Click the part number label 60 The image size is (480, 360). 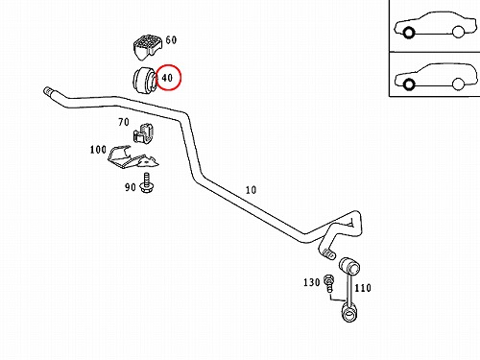(x=171, y=40)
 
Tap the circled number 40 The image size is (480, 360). (x=167, y=78)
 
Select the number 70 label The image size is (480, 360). (x=124, y=122)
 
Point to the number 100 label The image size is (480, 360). (x=98, y=150)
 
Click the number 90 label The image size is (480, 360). (x=131, y=187)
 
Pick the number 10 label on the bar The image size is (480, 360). (x=251, y=190)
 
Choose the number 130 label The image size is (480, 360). (x=312, y=282)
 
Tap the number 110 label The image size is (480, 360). (x=363, y=288)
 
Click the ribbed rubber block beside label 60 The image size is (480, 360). (x=147, y=47)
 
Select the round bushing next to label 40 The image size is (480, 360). (x=144, y=80)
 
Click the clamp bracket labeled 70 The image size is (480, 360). (x=143, y=132)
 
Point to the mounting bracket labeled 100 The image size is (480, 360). (x=132, y=157)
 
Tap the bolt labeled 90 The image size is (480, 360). (x=147, y=183)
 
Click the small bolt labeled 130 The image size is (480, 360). (x=328, y=283)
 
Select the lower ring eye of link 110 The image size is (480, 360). (x=348, y=314)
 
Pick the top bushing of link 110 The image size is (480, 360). (x=349, y=266)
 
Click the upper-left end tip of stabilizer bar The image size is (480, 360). (x=47, y=91)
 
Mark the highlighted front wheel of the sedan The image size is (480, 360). (x=408, y=33)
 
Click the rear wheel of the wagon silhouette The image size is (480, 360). (x=458, y=84)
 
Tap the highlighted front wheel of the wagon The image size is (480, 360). (x=408, y=84)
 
